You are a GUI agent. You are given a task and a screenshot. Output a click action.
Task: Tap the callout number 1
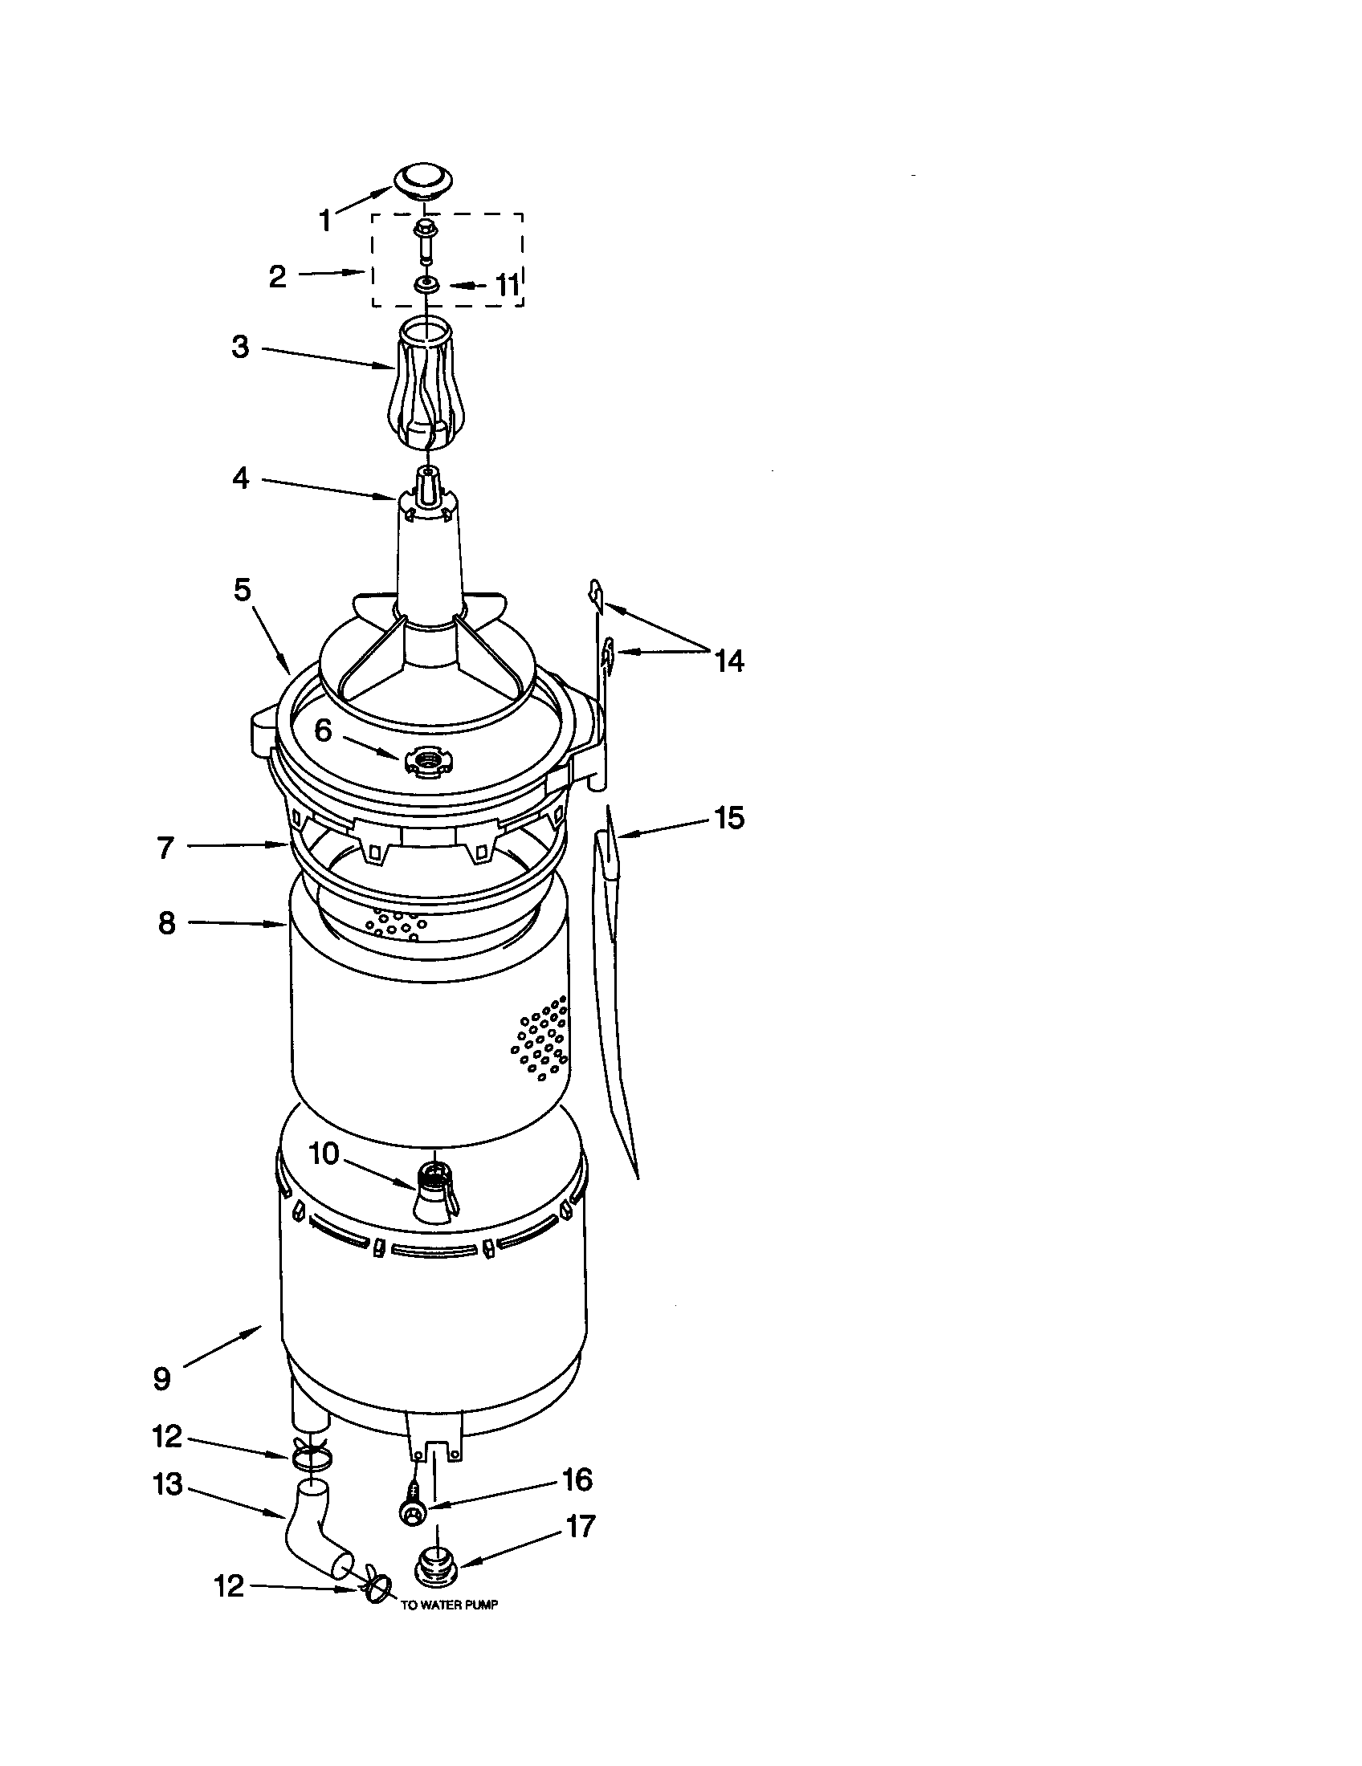pos(324,220)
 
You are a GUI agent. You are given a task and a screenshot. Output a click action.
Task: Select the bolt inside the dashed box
pos(423,239)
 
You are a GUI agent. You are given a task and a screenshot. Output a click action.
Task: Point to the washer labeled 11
pos(424,285)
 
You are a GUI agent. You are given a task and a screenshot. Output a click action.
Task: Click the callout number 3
pos(240,348)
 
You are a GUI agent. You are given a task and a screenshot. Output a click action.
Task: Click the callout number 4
pos(240,478)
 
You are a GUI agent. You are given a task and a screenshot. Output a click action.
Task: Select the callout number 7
pos(165,848)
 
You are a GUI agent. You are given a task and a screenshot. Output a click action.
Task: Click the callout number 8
pos(165,922)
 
